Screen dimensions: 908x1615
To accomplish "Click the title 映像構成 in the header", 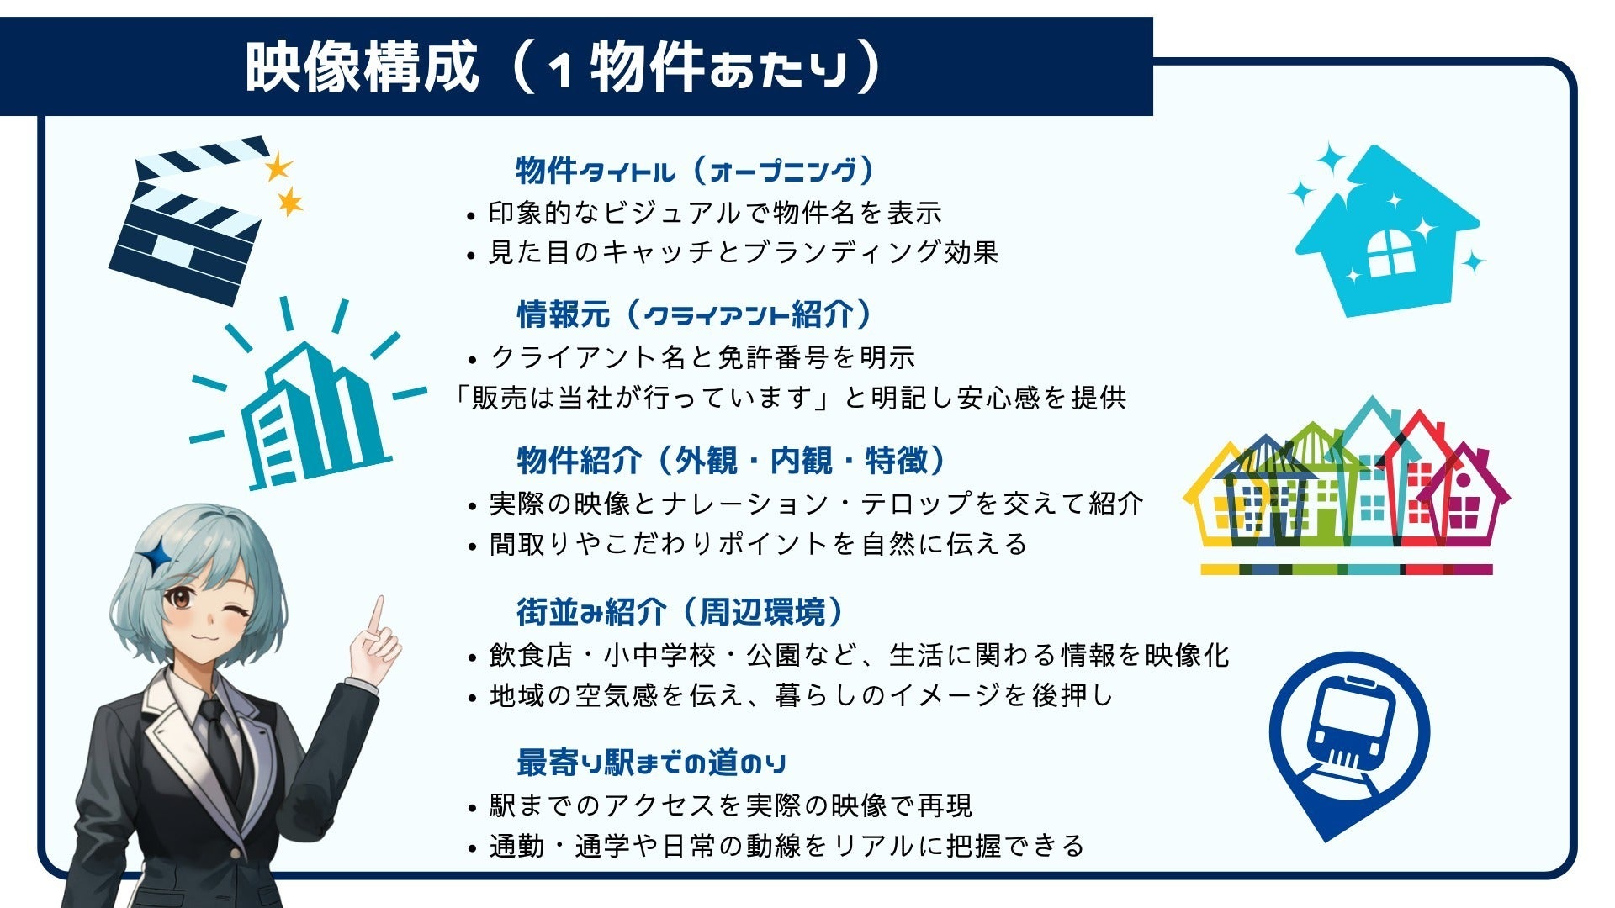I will (362, 67).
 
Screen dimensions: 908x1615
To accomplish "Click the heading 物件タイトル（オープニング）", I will (695, 171).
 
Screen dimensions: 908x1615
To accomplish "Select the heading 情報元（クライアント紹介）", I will (695, 315).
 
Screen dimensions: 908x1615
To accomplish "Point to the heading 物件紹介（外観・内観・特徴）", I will (732, 461).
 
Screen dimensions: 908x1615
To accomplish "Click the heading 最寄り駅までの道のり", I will (652, 763).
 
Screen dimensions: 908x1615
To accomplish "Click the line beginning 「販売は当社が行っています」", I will (789, 398).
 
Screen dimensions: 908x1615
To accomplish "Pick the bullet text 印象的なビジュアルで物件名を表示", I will (715, 214).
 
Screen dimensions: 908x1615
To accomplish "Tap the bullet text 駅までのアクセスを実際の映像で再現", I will (730, 805).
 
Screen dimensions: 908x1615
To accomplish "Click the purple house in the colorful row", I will (1468, 500).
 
